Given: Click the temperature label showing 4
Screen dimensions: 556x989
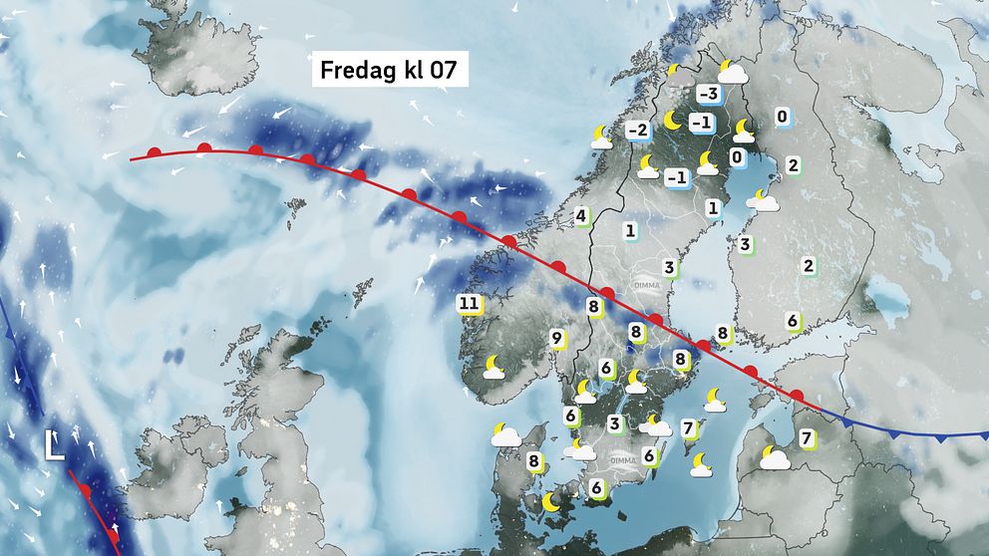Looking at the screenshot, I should coord(580,215).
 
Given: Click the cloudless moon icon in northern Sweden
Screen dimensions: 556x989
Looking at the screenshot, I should coord(673,121).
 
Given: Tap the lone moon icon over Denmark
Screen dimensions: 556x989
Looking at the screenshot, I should coord(549,502).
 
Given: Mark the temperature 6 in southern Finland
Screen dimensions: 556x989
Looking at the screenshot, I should coord(792,320).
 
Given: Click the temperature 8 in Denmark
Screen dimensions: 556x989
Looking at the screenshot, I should coord(534,461).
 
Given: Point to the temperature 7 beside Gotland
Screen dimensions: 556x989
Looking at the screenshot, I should coord(688,428).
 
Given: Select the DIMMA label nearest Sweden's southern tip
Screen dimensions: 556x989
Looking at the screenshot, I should coord(624,460).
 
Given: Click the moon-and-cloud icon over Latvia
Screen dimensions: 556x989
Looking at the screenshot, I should coord(774,457).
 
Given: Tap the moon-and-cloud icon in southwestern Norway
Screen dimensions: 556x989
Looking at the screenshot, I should coord(494,368).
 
